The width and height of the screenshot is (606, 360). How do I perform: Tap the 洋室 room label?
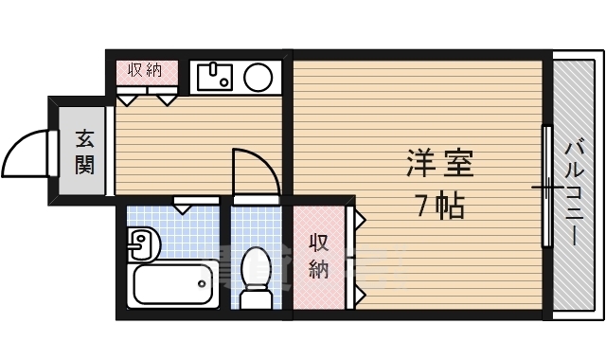point(440,163)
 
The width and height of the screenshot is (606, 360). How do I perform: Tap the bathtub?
point(171,284)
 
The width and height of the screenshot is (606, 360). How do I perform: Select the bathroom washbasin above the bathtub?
point(140,243)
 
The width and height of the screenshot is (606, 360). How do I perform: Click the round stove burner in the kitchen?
point(258,76)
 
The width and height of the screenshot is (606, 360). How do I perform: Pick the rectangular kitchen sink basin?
point(215,76)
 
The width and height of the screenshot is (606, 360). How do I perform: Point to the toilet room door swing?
point(256,171)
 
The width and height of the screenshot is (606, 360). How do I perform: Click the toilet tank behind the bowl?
point(256,299)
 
